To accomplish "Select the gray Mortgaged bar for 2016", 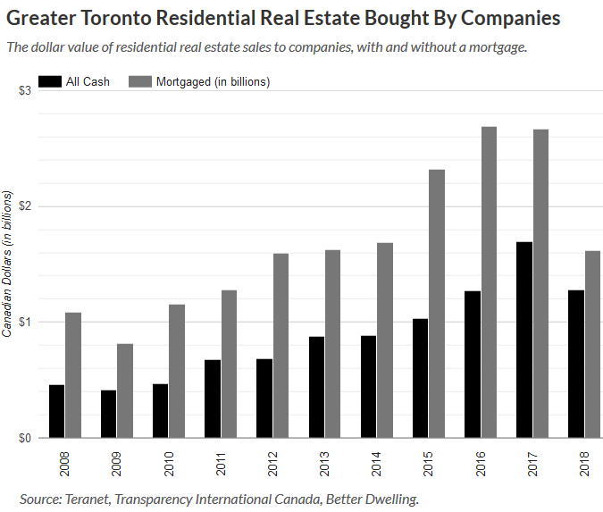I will (x=489, y=282).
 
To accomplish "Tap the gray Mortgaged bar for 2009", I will (x=125, y=390).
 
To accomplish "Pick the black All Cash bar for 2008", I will (x=56, y=411).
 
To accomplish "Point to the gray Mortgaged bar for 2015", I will (x=437, y=304).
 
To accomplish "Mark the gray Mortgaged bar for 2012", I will (x=281, y=346).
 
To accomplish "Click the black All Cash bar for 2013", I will (x=315, y=387).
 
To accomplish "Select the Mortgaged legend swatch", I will (x=140, y=81).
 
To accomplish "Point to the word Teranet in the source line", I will (x=96, y=497).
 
